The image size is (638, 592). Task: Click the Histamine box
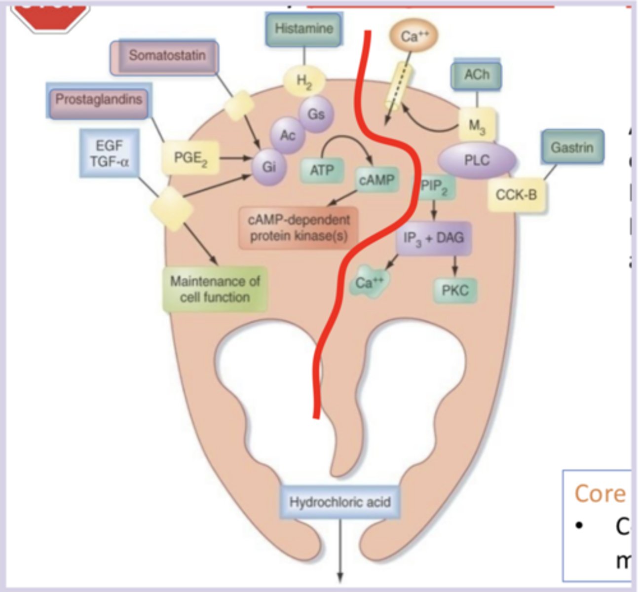[303, 29]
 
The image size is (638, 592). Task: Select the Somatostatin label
[166, 56]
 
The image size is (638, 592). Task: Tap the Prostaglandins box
[99, 100]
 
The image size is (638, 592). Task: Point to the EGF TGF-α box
[109, 153]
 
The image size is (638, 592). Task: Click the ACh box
[477, 75]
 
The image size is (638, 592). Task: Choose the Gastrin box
[572, 147]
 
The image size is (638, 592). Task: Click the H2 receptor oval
[304, 80]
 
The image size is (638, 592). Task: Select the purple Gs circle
[316, 114]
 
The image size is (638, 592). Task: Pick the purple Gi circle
[268, 167]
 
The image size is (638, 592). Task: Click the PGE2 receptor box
[190, 158]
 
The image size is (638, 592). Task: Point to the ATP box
[322, 170]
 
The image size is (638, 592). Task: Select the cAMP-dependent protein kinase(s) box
[299, 227]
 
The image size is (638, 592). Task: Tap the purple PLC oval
[477, 160]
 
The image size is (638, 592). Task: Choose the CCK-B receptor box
[516, 195]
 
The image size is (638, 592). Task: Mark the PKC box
[455, 290]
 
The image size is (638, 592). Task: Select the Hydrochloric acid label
[340, 502]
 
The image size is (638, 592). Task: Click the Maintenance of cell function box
[215, 289]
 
